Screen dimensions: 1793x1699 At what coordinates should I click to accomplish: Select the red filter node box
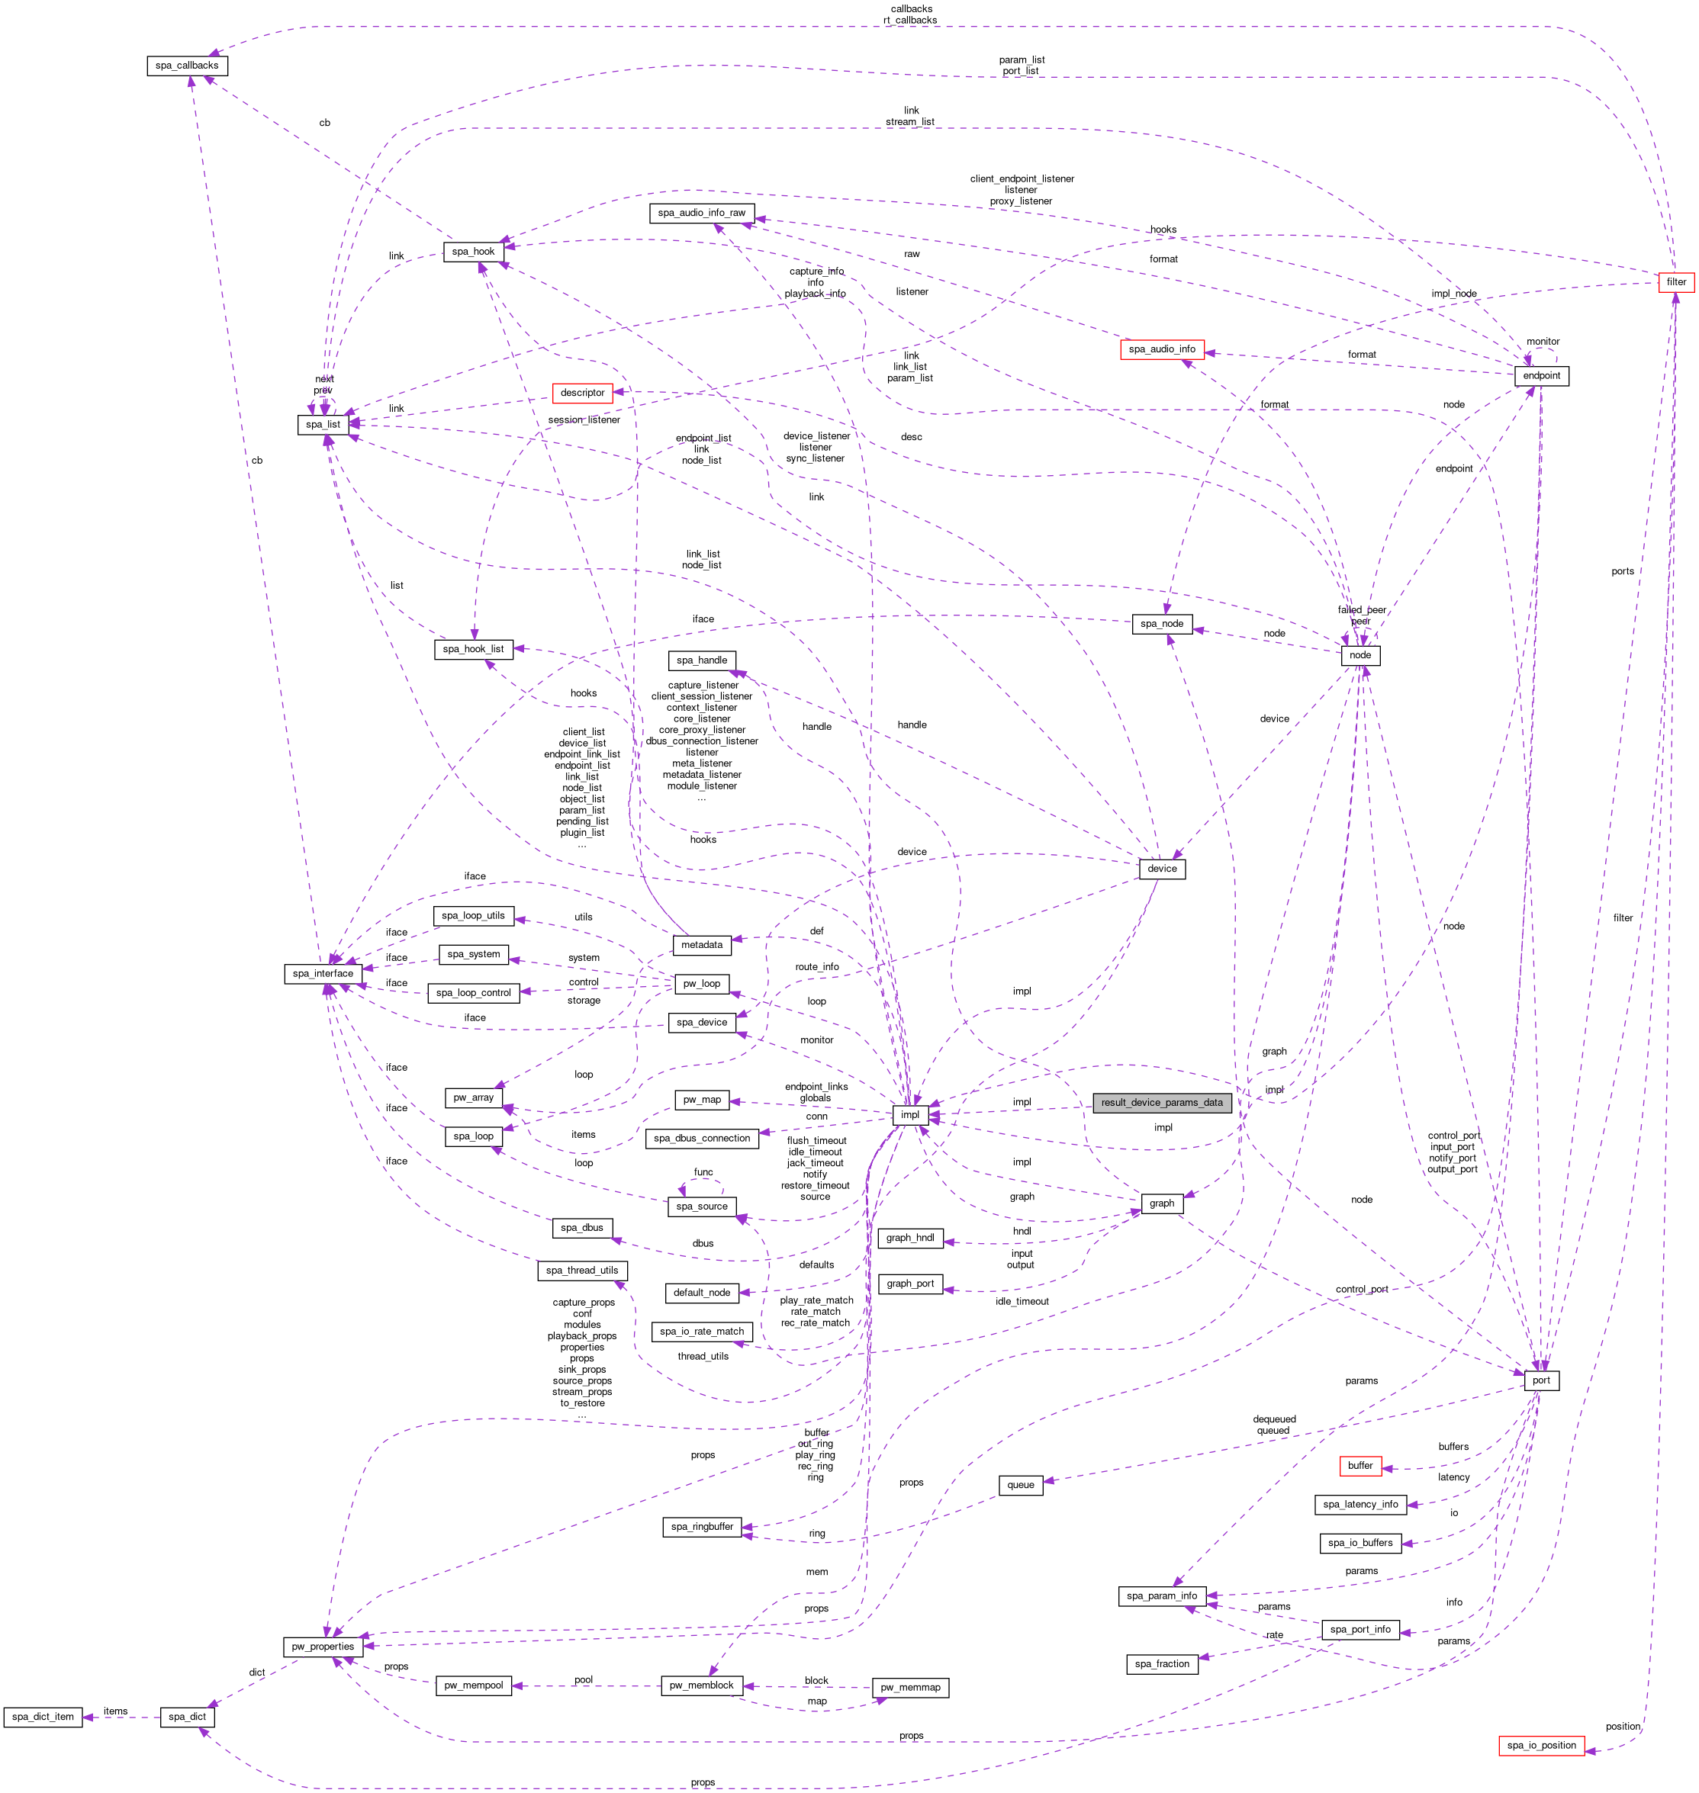pyautogui.click(x=1675, y=281)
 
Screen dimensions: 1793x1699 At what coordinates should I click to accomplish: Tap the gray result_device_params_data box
pyautogui.click(x=1161, y=1103)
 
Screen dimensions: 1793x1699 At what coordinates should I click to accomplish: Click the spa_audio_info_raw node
pyautogui.click(x=702, y=213)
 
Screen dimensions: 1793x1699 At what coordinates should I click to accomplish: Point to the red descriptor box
pyautogui.click(x=582, y=393)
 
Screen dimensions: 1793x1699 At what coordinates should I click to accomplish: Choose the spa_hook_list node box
pyautogui.click(x=474, y=649)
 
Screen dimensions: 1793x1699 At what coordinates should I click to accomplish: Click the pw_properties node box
pyautogui.click(x=323, y=1647)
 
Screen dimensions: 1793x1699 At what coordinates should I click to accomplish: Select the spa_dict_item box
pyautogui.click(x=43, y=1717)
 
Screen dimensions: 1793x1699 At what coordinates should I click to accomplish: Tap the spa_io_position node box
pyautogui.click(x=1541, y=1745)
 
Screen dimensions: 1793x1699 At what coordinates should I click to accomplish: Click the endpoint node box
pyautogui.click(x=1541, y=376)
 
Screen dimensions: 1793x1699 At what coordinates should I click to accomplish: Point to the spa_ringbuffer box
pyautogui.click(x=702, y=1527)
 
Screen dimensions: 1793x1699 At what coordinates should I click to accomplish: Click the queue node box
pyautogui.click(x=1021, y=1485)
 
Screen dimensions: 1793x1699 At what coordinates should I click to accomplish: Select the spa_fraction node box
pyautogui.click(x=1161, y=1663)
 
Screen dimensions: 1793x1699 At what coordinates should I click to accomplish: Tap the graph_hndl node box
pyautogui.click(x=910, y=1238)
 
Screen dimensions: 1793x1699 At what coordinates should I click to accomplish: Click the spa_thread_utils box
pyautogui.click(x=582, y=1271)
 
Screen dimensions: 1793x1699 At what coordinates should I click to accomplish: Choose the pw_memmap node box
pyautogui.click(x=910, y=1688)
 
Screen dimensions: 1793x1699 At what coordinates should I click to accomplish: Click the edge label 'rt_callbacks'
pyautogui.click(x=910, y=20)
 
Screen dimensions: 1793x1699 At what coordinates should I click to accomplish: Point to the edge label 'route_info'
pyautogui.click(x=817, y=967)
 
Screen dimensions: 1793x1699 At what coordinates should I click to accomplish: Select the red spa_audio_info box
pyautogui.click(x=1161, y=349)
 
